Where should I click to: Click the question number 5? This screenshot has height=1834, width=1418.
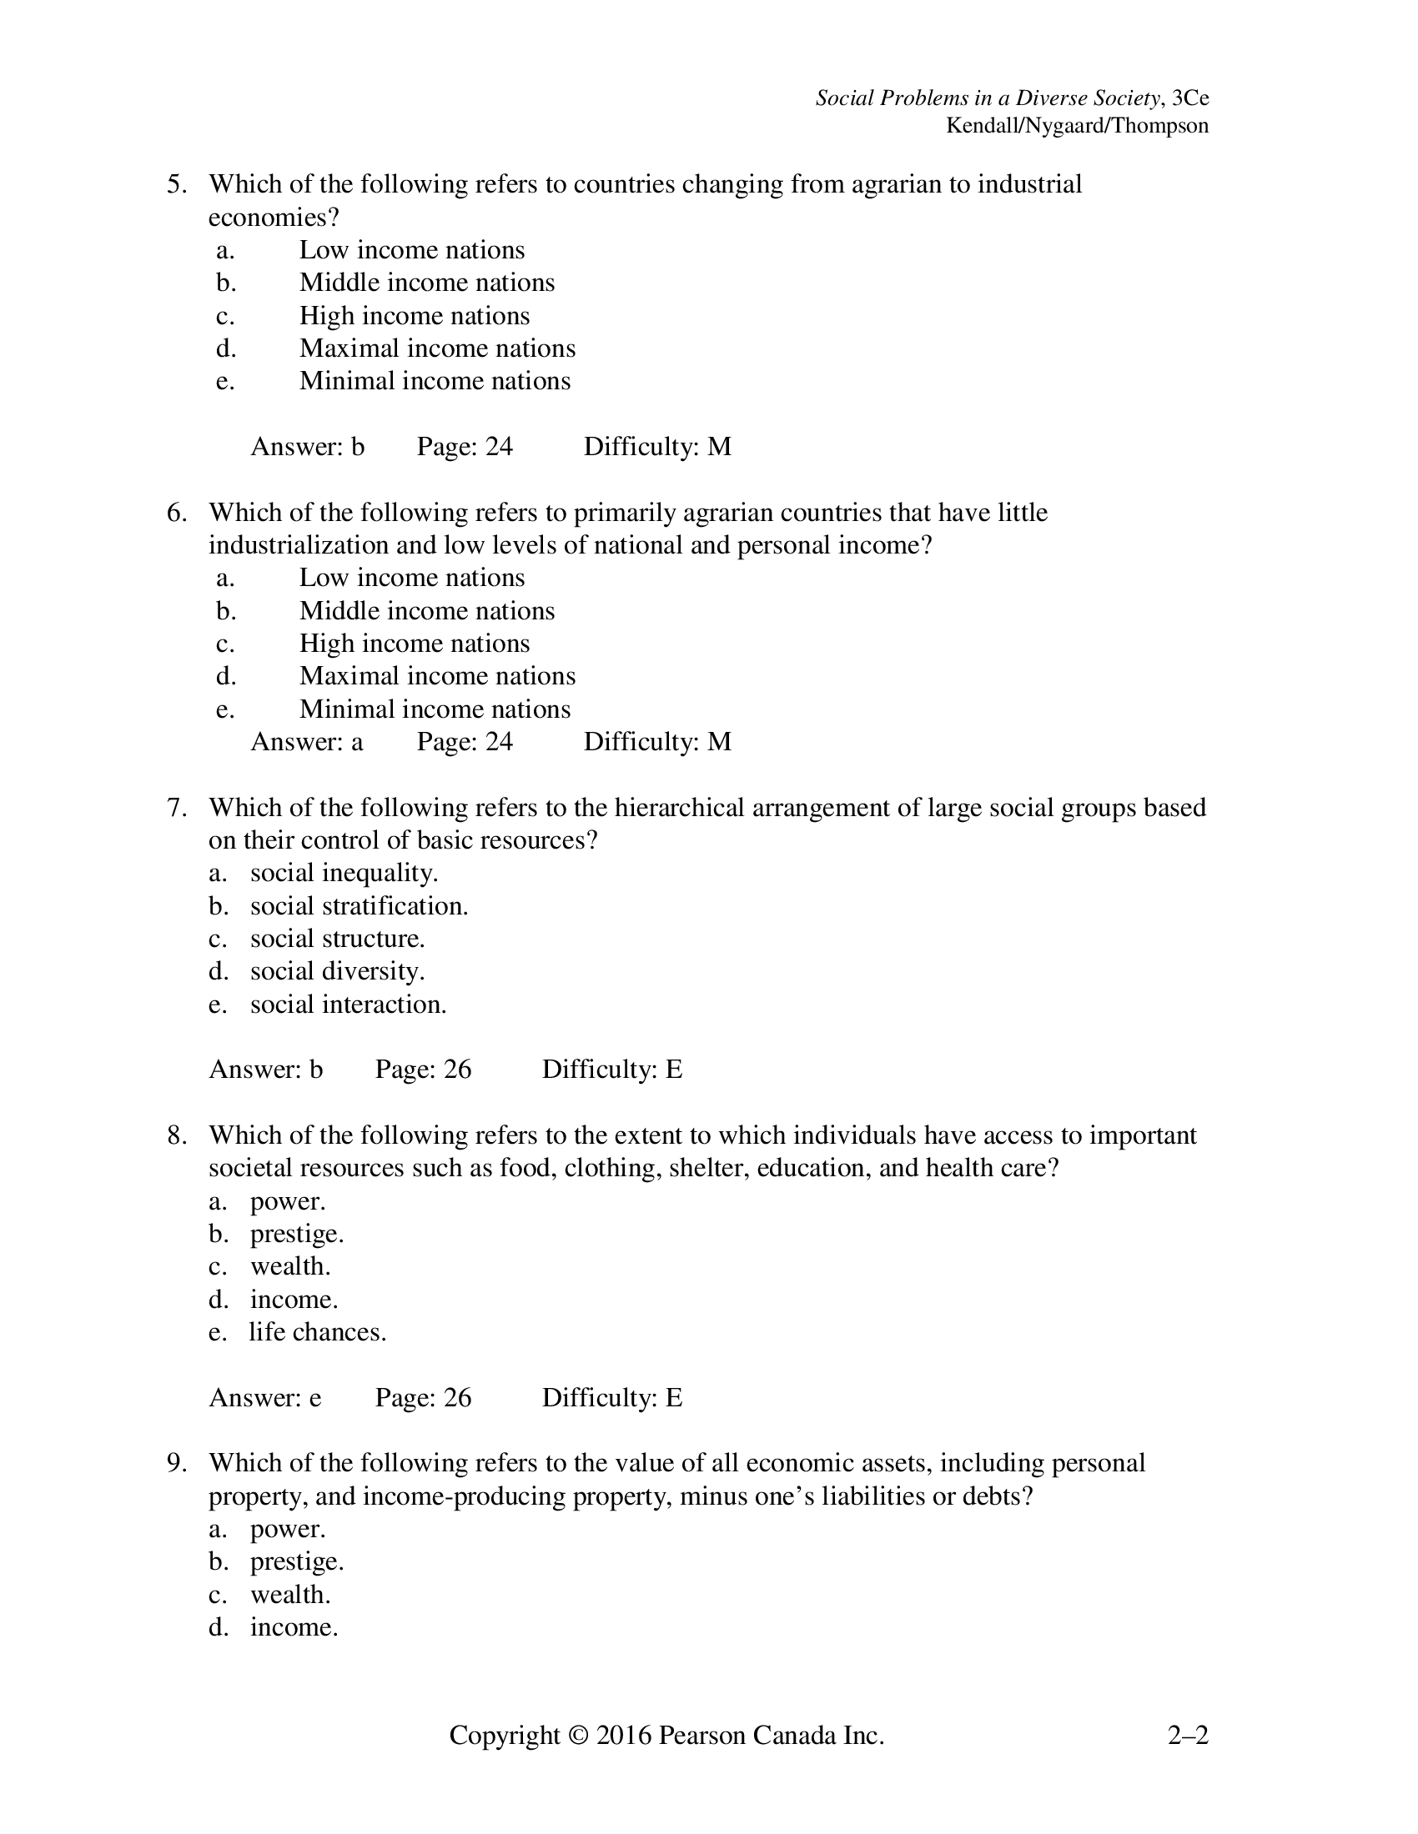(176, 185)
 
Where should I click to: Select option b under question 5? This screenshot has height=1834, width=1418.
(427, 283)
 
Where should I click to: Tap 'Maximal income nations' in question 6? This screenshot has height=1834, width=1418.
(437, 676)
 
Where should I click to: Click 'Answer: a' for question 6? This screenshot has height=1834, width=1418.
(307, 741)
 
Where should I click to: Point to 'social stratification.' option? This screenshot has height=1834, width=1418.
(359, 906)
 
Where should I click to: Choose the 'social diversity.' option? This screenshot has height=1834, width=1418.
(337, 971)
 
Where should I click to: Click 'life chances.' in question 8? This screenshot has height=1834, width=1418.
(318, 1333)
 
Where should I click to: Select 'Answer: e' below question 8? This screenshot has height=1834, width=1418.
(264, 1397)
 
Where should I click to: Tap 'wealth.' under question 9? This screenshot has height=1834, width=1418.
(289, 1595)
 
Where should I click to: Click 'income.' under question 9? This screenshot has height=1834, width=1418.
(294, 1627)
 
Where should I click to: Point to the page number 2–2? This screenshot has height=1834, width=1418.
(1187, 1735)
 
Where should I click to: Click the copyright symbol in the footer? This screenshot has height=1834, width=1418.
(578, 1735)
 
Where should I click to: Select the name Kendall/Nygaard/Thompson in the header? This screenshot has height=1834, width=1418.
(1077, 126)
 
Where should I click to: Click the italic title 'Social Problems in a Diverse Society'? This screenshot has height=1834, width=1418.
(988, 98)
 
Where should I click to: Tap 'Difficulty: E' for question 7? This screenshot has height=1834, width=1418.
(611, 1070)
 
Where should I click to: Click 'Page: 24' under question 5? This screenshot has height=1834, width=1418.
(465, 447)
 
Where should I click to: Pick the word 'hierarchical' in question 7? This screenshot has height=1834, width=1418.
(680, 808)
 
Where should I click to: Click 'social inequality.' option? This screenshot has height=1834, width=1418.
(344, 874)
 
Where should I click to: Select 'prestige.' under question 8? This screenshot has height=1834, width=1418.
(297, 1235)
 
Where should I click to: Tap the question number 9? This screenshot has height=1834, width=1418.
(176, 1464)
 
